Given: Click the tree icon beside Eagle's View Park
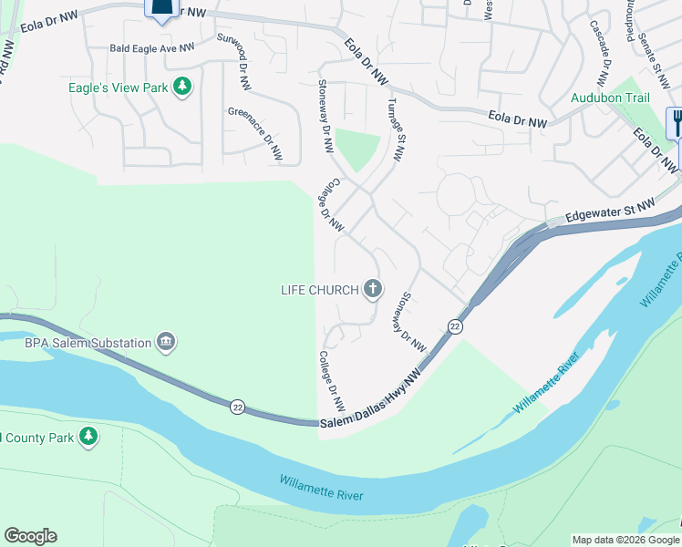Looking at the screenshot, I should (x=183, y=87).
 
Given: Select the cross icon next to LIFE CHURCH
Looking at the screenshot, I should (x=372, y=290).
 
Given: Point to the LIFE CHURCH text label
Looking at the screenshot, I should (x=319, y=291).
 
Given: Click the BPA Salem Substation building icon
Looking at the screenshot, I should (x=165, y=342).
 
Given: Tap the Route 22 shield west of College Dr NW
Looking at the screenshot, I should (x=238, y=406).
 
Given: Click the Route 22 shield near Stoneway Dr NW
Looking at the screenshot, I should (x=455, y=326).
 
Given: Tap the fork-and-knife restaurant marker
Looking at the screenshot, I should (x=677, y=122).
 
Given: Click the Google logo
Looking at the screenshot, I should (x=30, y=536).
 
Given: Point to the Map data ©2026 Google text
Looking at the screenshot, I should (x=625, y=540).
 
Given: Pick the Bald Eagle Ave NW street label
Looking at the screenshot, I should (x=151, y=47).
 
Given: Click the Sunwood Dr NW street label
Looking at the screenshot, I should (x=232, y=62).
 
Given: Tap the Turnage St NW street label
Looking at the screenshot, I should (x=394, y=129).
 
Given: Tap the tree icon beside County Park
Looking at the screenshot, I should (x=88, y=438).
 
